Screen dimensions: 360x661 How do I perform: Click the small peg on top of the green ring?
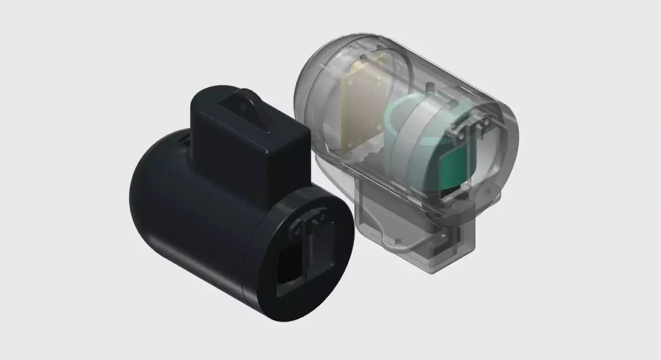coord(429,87)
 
